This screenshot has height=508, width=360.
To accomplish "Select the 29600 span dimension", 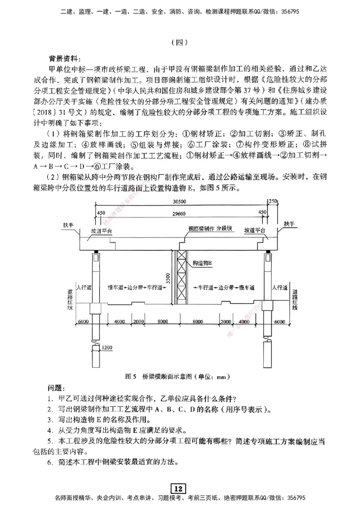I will click(180, 215).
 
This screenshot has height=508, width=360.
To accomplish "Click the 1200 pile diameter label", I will click(107, 348).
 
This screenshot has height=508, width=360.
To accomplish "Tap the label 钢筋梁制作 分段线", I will click(210, 228).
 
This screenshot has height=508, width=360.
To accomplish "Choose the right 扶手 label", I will click(288, 223).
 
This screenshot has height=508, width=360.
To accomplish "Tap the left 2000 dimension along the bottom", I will click(138, 322).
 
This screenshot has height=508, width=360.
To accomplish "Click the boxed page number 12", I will click(179, 489).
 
